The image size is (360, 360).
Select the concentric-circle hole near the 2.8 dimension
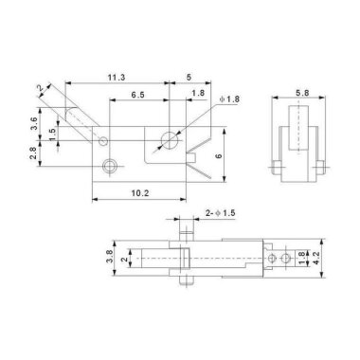click(111, 167)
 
